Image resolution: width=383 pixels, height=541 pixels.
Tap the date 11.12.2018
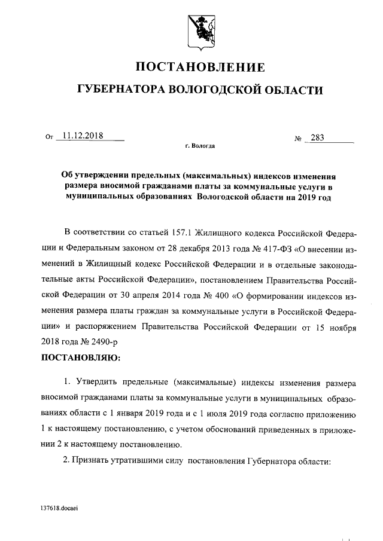pos(83,136)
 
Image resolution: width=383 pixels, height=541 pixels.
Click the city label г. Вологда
pos(200,146)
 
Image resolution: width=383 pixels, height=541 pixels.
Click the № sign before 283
pos(297,139)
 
